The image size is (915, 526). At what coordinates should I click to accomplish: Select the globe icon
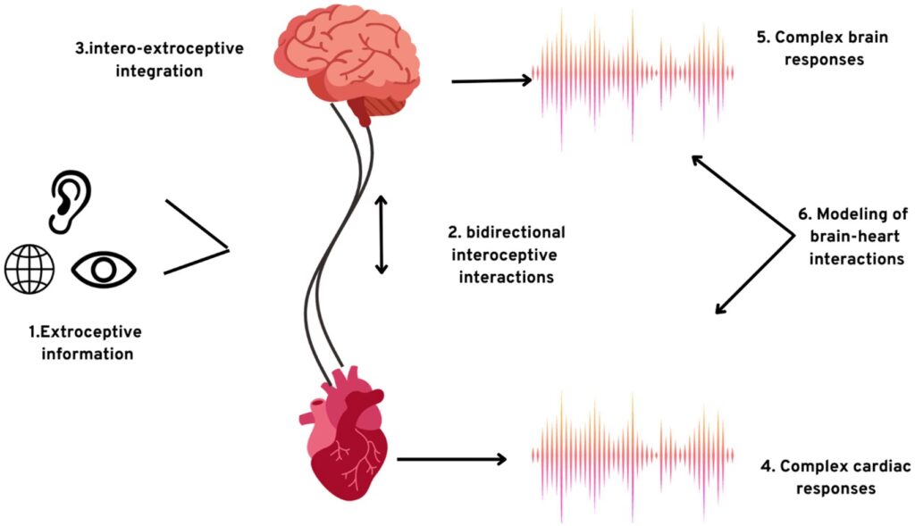(29, 267)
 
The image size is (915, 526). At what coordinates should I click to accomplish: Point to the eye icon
(104, 267)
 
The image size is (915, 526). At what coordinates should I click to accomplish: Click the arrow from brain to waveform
(491, 80)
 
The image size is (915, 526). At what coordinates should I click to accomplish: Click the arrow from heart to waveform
(450, 459)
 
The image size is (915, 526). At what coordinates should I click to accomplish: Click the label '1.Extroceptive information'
(86, 343)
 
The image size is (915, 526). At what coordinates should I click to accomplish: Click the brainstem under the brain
(374, 112)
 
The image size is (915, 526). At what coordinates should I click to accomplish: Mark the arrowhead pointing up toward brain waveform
(698, 161)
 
